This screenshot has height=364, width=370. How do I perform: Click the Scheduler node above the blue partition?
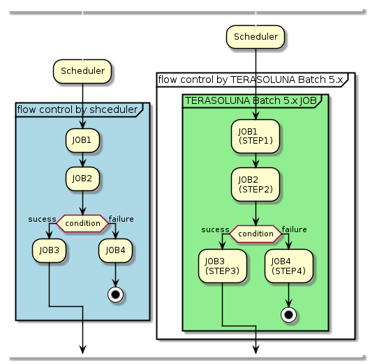tap(82, 71)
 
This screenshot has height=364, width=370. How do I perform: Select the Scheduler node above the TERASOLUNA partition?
tap(256, 37)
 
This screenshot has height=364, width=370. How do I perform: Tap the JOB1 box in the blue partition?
tap(82, 140)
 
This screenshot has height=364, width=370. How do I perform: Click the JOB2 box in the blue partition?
tap(82, 178)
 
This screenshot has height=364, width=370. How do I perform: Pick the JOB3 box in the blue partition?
tap(49, 250)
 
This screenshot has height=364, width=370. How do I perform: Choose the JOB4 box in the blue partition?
tap(116, 250)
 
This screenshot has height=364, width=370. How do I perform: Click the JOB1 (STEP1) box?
tap(256, 136)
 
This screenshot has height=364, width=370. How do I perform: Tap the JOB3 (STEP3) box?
tap(222, 266)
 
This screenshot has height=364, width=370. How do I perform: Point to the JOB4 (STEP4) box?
tap(289, 266)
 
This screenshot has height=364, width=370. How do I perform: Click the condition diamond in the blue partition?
tap(82, 223)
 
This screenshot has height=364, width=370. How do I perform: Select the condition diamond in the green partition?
tap(256, 234)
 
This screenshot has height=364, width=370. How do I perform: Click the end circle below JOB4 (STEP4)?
tap(289, 314)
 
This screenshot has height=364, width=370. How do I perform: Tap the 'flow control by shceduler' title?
tap(77, 109)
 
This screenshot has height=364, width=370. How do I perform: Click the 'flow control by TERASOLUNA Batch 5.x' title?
tap(251, 79)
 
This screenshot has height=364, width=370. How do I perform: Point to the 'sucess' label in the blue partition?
tap(42, 219)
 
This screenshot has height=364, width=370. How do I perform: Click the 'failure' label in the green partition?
tap(294, 229)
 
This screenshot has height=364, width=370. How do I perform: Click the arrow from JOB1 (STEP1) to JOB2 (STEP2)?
tap(256, 160)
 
